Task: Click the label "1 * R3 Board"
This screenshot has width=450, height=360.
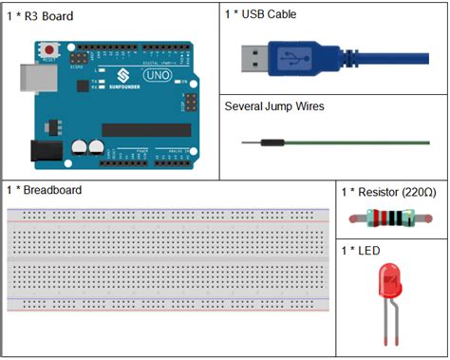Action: (41, 16)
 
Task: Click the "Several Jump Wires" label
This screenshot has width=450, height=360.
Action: (274, 106)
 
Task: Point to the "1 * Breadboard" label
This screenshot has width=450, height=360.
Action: (44, 190)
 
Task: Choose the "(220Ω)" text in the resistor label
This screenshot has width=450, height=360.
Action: (418, 193)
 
